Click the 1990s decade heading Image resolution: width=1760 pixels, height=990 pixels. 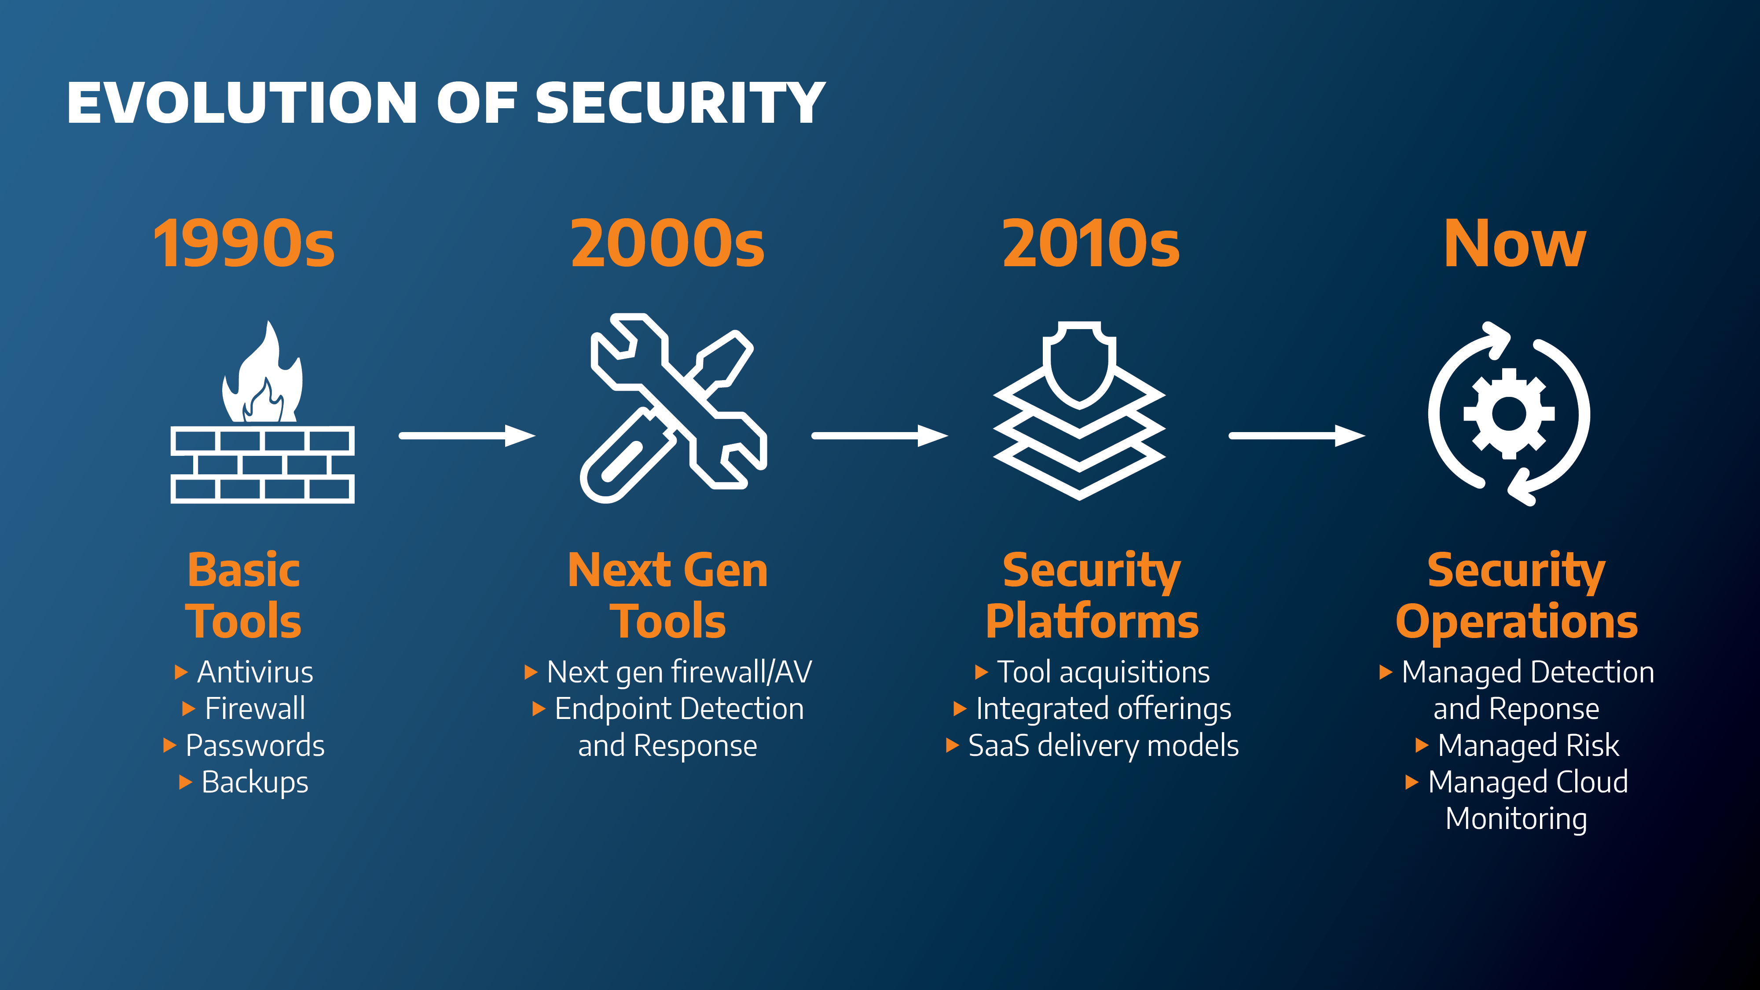(244, 243)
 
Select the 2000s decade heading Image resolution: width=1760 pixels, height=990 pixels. (667, 243)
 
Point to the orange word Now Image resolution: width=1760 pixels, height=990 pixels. (1515, 243)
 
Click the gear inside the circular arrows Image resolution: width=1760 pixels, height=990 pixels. (1509, 413)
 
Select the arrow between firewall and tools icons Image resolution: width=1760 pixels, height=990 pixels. (467, 435)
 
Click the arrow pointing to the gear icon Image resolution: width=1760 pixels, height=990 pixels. (1297, 435)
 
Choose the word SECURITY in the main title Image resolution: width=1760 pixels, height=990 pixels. (681, 103)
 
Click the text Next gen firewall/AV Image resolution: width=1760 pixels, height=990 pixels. (679, 672)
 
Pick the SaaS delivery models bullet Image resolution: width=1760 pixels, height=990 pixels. (1104, 745)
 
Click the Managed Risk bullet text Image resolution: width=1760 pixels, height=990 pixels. (1529, 745)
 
